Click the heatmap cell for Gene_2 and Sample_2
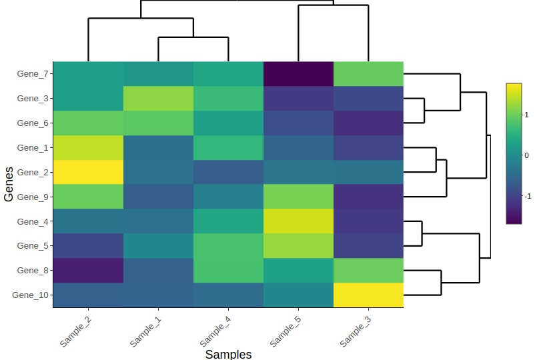pyautogui.click(x=88, y=172)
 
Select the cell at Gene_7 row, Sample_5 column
pyautogui.click(x=298, y=73)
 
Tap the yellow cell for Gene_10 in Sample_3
pyautogui.click(x=368, y=295)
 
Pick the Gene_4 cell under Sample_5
pyautogui.click(x=298, y=221)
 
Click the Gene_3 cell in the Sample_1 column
pyautogui.click(x=158, y=98)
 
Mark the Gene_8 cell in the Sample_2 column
pyautogui.click(x=88, y=270)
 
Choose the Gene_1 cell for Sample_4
pyautogui.click(x=228, y=147)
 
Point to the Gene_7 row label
pyautogui.click(x=32, y=74)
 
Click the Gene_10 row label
pyautogui.click(x=30, y=295)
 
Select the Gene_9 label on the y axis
pyautogui.click(x=32, y=197)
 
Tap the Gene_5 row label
pyautogui.click(x=32, y=246)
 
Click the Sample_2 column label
pyautogui.click(x=76, y=331)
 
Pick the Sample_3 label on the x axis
pyautogui.click(x=356, y=331)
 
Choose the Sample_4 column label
pyautogui.click(x=216, y=331)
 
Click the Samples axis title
pyautogui.click(x=228, y=354)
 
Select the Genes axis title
pyautogui.click(x=9, y=184)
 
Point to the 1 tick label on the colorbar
pyautogui.click(x=527, y=115)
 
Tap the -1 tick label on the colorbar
pyautogui.click(x=528, y=196)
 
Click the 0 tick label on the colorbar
pyautogui.click(x=527, y=155)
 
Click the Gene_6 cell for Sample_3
pyautogui.click(x=368, y=123)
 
